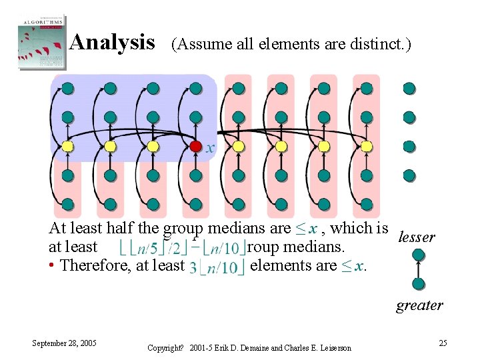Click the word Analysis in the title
tap(112, 43)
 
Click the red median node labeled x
tap(195, 146)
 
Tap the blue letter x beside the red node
tap(210, 148)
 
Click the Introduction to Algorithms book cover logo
tap(42, 41)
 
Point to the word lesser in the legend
tap(416, 237)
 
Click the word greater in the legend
tap(419, 305)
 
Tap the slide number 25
tap(443, 343)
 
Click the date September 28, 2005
tap(64, 343)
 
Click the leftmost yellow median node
tap(67, 146)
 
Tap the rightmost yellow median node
tap(366, 146)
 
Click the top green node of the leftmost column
tap(67, 88)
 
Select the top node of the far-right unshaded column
tap(409, 88)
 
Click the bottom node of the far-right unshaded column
tap(409, 175)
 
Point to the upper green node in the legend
tap(419, 254)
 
